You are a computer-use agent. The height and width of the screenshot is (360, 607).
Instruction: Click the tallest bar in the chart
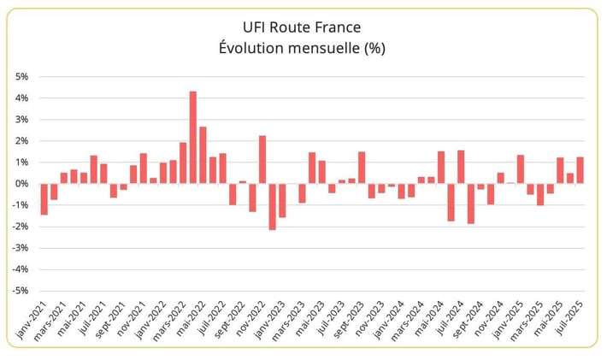(192, 137)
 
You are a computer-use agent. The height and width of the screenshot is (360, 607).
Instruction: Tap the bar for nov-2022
(262, 159)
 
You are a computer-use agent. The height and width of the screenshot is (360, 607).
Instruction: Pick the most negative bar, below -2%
(272, 206)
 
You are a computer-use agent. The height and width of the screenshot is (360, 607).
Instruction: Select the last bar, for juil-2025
(580, 170)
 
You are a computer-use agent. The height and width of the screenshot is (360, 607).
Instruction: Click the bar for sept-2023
(362, 168)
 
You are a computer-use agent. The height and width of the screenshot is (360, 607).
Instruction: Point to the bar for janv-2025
(521, 169)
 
